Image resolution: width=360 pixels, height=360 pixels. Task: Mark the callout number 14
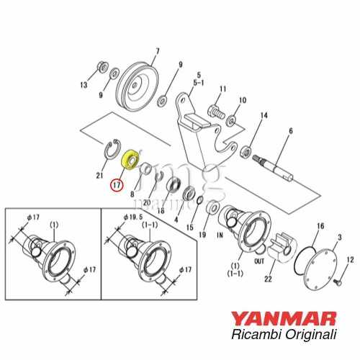264,115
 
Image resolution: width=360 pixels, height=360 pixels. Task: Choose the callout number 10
242,100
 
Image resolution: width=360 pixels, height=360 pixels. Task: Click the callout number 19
203,234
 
